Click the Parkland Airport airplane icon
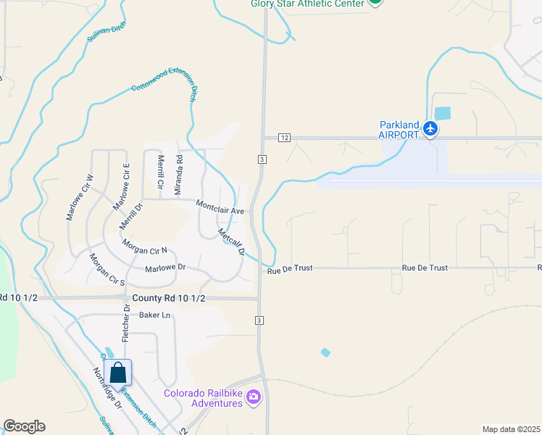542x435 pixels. [432, 128]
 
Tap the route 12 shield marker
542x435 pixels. [284, 138]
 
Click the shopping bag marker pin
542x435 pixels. [118, 374]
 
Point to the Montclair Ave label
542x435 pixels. [220, 207]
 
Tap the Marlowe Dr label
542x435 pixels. [166, 268]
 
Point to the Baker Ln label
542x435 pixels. [154, 315]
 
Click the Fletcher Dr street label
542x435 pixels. [125, 323]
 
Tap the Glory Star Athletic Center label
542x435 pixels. [307, 3]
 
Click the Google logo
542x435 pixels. [24, 426]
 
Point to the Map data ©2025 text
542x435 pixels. [511, 429]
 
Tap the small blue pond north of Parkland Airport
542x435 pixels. [441, 113]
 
